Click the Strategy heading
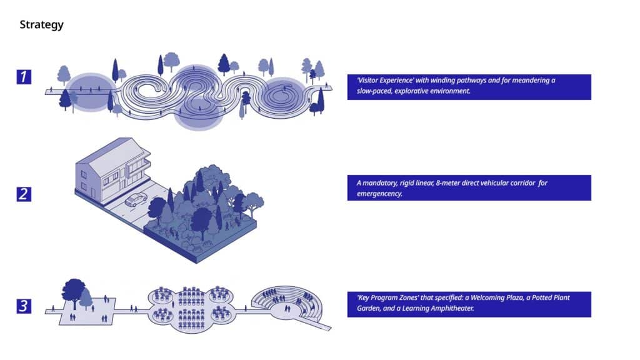pos(42,25)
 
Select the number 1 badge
pos(24,77)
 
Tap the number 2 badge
pos(24,194)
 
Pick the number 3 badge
pos(24,306)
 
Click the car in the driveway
pos(136,199)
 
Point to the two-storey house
pos(112,169)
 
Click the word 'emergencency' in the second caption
pos(379,194)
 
